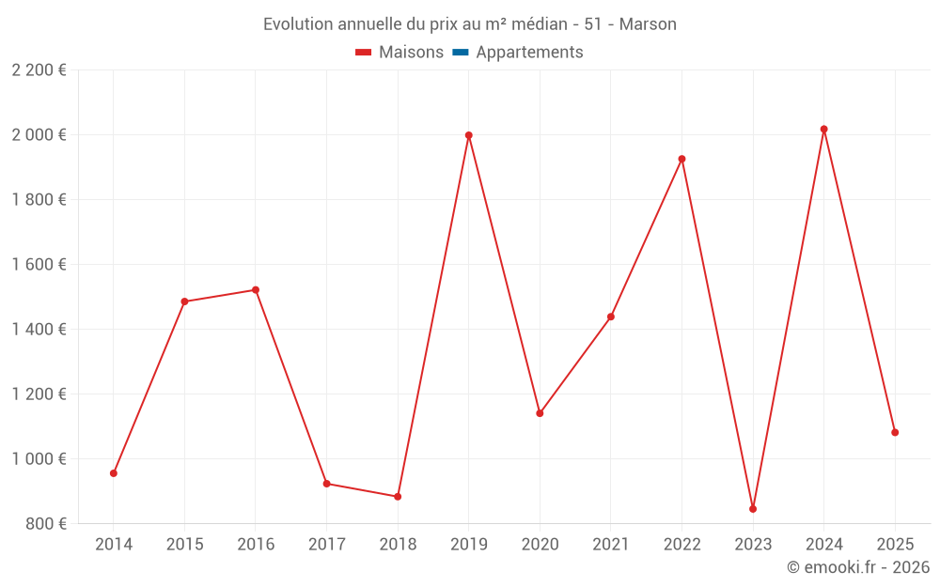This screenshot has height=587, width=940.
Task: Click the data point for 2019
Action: tap(468, 135)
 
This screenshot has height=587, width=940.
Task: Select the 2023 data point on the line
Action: tap(753, 509)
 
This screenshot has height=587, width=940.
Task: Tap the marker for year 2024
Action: tap(824, 130)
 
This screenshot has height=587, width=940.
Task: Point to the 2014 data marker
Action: tap(114, 473)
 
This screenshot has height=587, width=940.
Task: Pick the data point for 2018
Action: tap(398, 497)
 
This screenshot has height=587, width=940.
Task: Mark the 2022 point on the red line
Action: tap(681, 159)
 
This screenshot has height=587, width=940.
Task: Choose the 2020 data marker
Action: tap(540, 413)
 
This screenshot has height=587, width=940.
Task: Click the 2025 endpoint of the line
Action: tap(895, 433)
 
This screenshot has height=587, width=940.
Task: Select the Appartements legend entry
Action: tap(529, 53)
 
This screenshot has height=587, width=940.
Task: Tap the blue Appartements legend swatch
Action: tap(461, 53)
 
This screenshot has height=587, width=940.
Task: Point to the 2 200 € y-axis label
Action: tap(39, 70)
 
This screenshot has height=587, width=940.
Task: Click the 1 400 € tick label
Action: tap(39, 330)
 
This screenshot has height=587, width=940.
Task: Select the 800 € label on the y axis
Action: tap(44, 524)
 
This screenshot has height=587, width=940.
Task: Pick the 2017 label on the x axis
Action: tap(326, 545)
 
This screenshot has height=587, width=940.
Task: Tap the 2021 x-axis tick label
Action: tap(611, 545)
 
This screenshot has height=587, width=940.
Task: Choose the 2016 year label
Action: tap(256, 545)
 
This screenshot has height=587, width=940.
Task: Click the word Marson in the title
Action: tap(648, 24)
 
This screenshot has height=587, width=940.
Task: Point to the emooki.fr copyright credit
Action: tap(857, 567)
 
